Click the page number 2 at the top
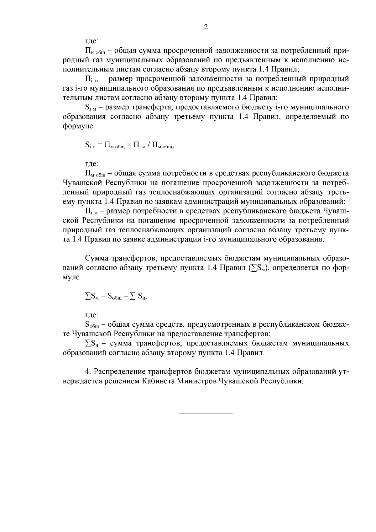click(206, 27)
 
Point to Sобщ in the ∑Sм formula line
click(114, 297)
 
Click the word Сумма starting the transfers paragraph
click(97, 259)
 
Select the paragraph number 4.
click(88, 372)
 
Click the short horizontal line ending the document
click(206, 413)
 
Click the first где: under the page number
click(92, 41)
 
